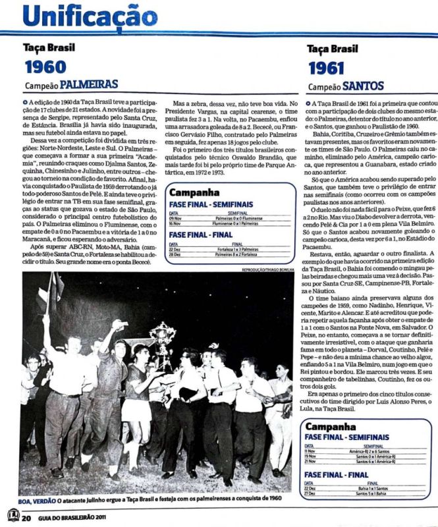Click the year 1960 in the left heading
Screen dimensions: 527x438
click(x=45, y=67)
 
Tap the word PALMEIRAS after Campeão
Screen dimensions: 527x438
click(x=89, y=84)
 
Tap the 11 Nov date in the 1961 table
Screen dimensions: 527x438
click(x=310, y=451)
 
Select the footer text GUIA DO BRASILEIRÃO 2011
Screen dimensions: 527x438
click(x=70, y=518)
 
